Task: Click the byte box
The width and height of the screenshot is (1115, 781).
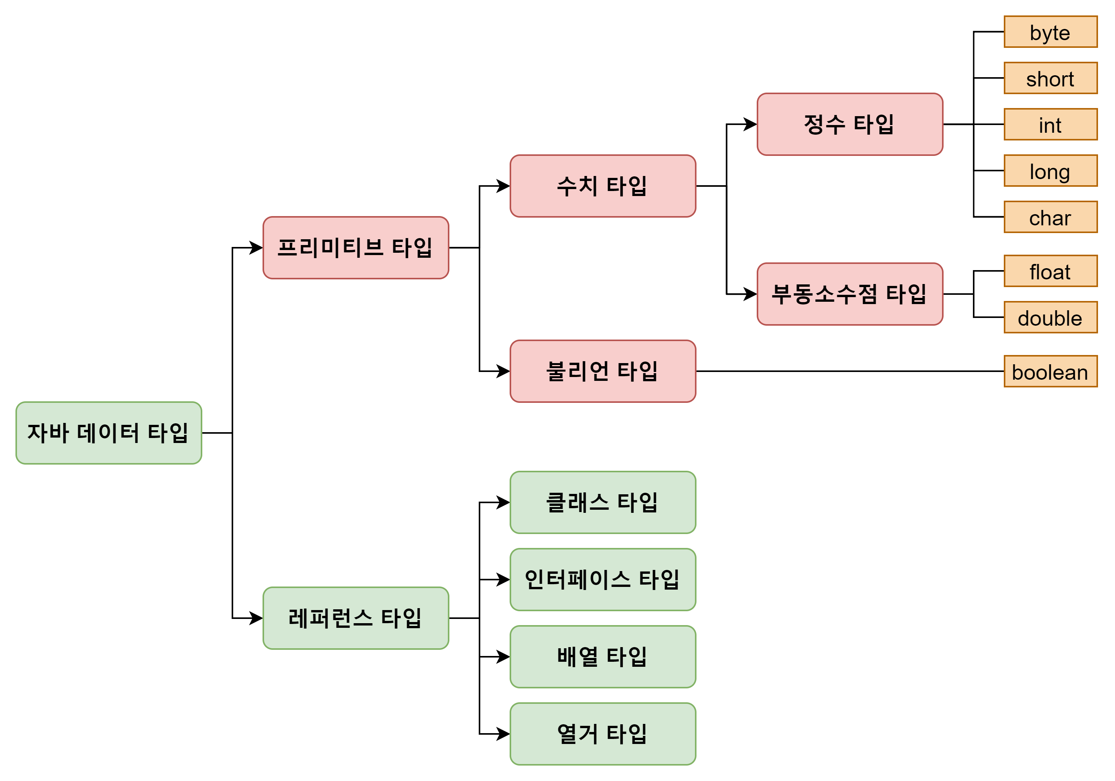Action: point(1051,32)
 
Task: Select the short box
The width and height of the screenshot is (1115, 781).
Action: point(1051,78)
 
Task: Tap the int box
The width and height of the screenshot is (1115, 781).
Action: point(1051,125)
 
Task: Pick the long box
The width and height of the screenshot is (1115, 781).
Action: point(1051,171)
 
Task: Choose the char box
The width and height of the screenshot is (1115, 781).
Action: point(1051,217)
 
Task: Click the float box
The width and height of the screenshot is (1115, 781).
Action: point(1051,271)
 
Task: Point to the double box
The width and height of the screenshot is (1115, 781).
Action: point(1051,318)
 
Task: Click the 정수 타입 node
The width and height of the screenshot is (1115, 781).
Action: point(850,124)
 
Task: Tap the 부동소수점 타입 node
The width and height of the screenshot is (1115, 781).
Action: point(850,294)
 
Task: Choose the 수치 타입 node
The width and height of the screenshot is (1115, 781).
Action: point(603,186)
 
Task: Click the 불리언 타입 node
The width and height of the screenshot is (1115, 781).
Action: point(603,371)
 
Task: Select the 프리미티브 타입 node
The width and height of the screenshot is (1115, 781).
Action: point(356,248)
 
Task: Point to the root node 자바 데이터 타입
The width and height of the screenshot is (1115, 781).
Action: point(109,433)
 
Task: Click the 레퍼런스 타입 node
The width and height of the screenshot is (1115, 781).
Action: point(356,618)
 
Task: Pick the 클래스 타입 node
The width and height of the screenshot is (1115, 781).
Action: point(603,502)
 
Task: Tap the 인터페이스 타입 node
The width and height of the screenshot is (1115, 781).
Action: point(603,580)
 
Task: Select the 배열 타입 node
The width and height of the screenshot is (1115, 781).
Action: point(603,657)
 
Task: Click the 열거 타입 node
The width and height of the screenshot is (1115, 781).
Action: point(603,734)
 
